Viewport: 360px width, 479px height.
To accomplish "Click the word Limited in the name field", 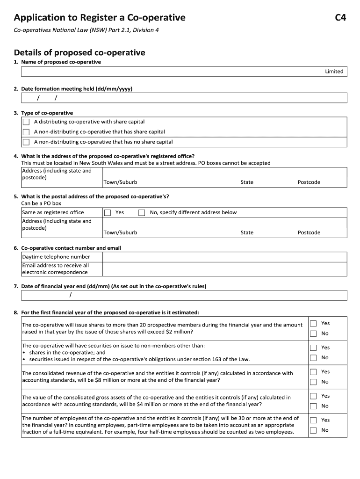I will click(334, 72).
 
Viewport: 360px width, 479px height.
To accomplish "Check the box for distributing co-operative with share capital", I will click(26, 122).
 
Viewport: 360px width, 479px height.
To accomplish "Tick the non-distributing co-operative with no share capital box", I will click(26, 142).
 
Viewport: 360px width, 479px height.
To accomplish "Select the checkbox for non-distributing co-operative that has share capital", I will click(26, 132).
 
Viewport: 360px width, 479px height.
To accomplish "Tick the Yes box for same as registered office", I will click(108, 212).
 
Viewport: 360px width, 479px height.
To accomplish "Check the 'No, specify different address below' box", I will click(142, 212).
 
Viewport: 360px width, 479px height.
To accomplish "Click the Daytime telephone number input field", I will click(224, 257).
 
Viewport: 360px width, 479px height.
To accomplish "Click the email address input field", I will click(224, 269).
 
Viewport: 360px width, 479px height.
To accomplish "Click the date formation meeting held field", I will click(184, 97).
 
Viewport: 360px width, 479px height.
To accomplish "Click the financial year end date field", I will click(184, 295).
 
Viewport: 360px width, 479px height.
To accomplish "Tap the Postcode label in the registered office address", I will click(309, 182).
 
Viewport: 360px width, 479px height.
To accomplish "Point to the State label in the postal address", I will click(247, 232).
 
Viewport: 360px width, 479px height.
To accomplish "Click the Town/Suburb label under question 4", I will click(120, 182).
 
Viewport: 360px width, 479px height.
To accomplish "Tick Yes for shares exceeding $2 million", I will click(314, 323).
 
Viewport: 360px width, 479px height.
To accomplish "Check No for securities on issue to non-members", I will click(314, 358).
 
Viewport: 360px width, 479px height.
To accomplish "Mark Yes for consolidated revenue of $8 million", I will click(314, 372).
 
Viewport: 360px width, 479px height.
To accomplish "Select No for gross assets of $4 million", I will click(314, 406).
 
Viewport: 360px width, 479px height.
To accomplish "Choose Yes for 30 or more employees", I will click(314, 420).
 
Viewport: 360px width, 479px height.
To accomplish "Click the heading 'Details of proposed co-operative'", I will click(79, 52).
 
